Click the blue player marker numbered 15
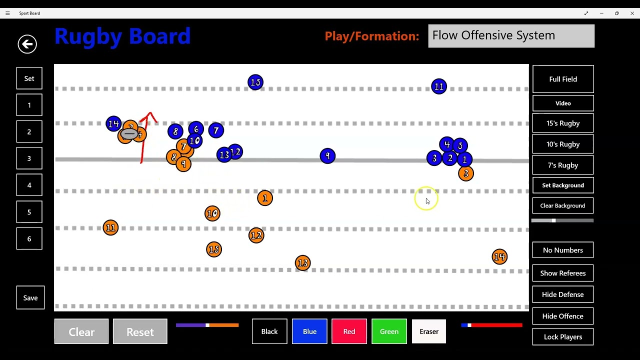(255, 82)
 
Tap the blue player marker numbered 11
(439, 86)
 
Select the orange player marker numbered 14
(499, 256)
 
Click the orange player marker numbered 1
(265, 198)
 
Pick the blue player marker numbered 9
(327, 156)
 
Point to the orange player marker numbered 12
(256, 235)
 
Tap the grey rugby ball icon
(129, 133)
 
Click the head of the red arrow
(149, 112)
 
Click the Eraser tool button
(429, 331)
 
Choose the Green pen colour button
(389, 331)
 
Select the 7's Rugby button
(563, 165)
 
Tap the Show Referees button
(563, 273)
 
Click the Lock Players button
(563, 337)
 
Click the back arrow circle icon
(27, 44)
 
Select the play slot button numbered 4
(29, 185)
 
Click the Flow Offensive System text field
(511, 36)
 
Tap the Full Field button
(563, 79)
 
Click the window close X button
(632, 13)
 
